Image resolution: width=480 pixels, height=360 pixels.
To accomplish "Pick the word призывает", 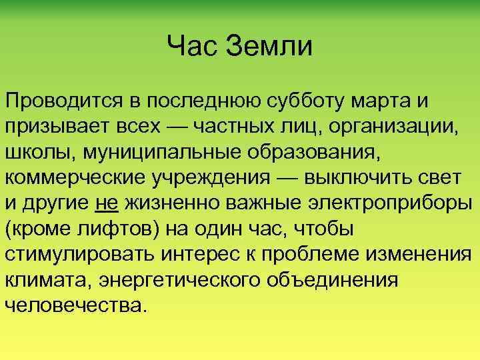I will pyautogui.click(x=50, y=126).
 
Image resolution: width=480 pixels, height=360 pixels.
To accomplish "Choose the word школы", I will pyautogui.click(x=37, y=151).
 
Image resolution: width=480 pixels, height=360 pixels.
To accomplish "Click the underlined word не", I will pyautogui.click(x=107, y=202).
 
